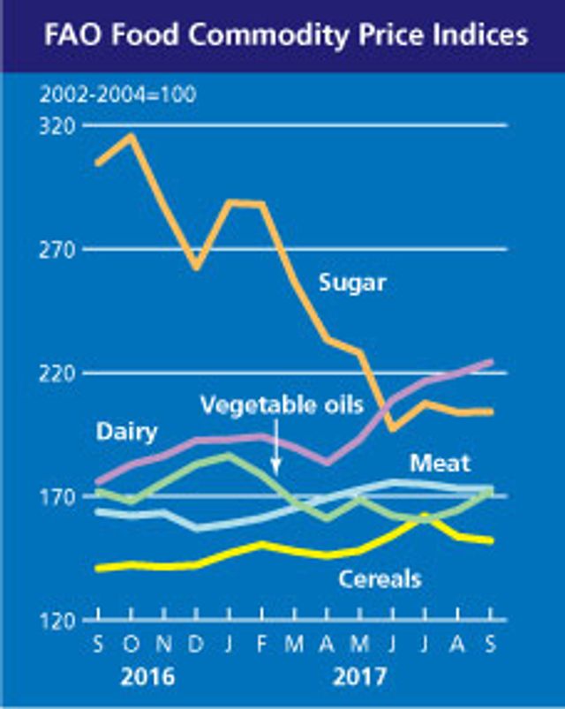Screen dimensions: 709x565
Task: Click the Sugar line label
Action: tap(352, 283)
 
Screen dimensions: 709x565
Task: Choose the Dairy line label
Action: tap(127, 432)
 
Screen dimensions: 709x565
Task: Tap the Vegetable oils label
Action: tap(282, 405)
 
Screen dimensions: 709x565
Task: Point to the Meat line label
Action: tap(440, 462)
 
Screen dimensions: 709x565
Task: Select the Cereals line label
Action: tap(380, 578)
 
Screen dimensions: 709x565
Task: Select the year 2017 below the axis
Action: tap(359, 677)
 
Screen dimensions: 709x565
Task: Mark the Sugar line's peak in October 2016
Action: tap(131, 136)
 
